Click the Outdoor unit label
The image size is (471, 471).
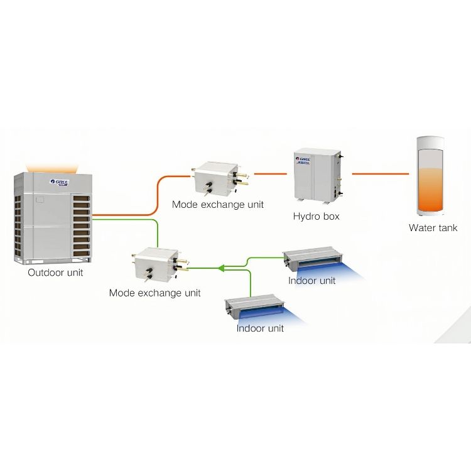pos(55,273)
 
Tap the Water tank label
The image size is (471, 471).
pos(433,228)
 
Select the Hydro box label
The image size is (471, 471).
pos(316,217)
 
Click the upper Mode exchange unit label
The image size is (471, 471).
pos(218,204)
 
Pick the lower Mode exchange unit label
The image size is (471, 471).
pos(155,293)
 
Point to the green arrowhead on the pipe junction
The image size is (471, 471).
pos(221,268)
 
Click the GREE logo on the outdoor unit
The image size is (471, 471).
pos(61,182)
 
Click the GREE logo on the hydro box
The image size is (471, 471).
pos(304,160)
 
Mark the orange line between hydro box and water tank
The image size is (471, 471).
pos(380,171)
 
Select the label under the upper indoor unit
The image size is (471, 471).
pos(312,281)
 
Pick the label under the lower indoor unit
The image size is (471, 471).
pos(260,328)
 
